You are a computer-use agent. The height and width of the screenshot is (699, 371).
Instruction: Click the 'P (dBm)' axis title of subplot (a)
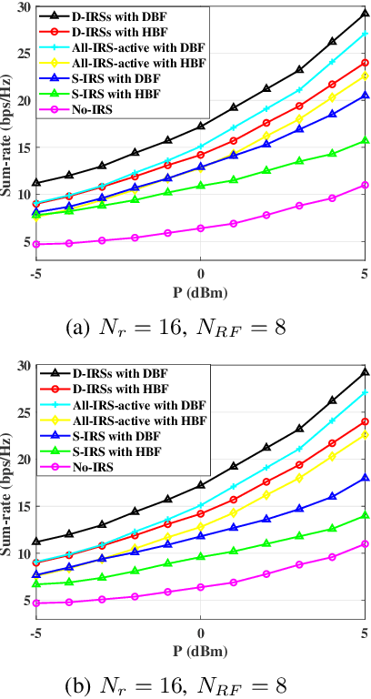pyautogui.click(x=200, y=290)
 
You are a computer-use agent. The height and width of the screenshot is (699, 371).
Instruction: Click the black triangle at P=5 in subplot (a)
pyautogui.click(x=364, y=14)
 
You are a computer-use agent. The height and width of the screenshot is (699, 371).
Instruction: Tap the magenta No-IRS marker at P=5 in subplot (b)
pyautogui.click(x=364, y=543)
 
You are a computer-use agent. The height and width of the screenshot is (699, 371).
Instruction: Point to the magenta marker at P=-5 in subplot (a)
pyautogui.click(x=36, y=244)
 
